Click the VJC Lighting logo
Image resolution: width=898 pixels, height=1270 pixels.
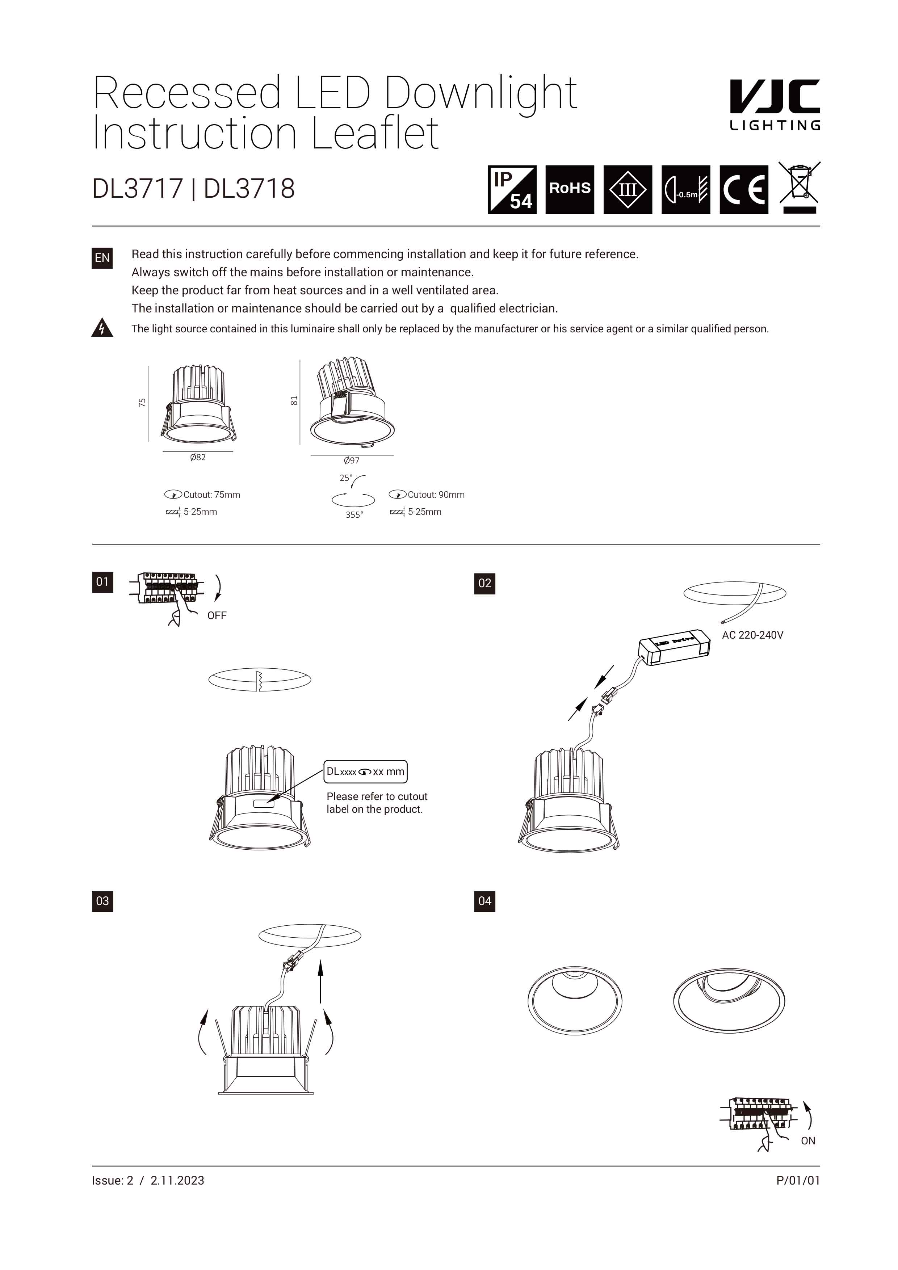tap(774, 105)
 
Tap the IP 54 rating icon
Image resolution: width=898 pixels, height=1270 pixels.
tap(512, 189)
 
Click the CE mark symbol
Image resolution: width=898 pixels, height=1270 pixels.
tap(744, 189)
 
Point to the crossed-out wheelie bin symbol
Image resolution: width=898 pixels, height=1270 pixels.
tap(799, 187)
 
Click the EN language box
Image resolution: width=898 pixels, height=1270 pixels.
tap(102, 258)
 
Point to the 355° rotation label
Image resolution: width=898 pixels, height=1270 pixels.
tap(354, 515)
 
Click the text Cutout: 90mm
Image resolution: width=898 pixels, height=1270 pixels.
tap(436, 495)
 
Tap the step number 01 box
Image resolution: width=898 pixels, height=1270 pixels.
tap(102, 582)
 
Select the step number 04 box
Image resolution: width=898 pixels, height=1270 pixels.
tap(485, 901)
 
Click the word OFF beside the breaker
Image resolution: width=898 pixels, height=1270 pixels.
tap(217, 616)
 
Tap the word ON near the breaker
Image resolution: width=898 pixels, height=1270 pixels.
tap(808, 1141)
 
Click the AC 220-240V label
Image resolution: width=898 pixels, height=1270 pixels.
tap(752, 635)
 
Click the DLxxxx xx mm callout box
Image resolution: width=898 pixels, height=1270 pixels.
tap(365, 771)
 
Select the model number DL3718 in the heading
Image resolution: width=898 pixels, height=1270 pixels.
tap(249, 189)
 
